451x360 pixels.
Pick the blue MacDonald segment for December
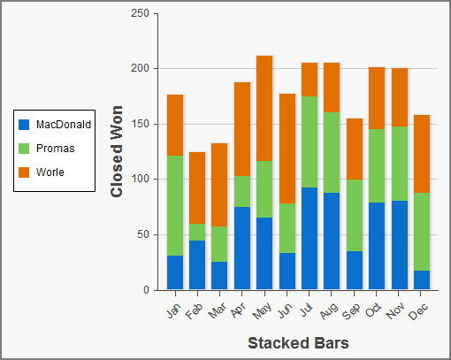pyautogui.click(x=422, y=280)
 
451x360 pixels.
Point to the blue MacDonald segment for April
pyautogui.click(x=242, y=248)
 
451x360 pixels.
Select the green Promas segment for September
pyautogui.click(x=355, y=215)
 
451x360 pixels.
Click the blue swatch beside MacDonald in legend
pyautogui.click(x=24, y=125)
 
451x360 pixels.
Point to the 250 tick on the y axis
pyautogui.click(x=139, y=14)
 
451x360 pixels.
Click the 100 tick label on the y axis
pyautogui.click(x=139, y=180)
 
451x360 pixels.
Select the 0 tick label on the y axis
pyautogui.click(x=144, y=290)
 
